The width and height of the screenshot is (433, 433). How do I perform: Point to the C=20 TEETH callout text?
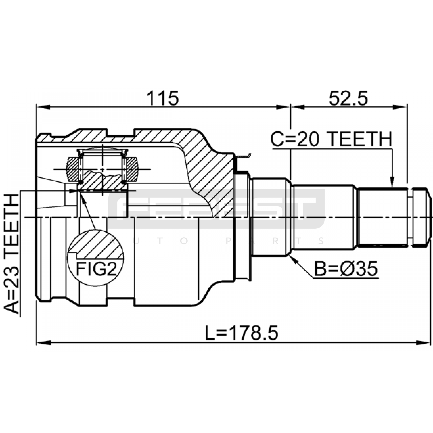[x=332, y=139]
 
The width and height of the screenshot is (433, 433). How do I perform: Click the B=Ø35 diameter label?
[x=346, y=269]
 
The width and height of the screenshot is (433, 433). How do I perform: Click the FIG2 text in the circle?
[x=96, y=269]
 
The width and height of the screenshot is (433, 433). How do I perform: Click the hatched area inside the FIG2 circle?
[x=97, y=245]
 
